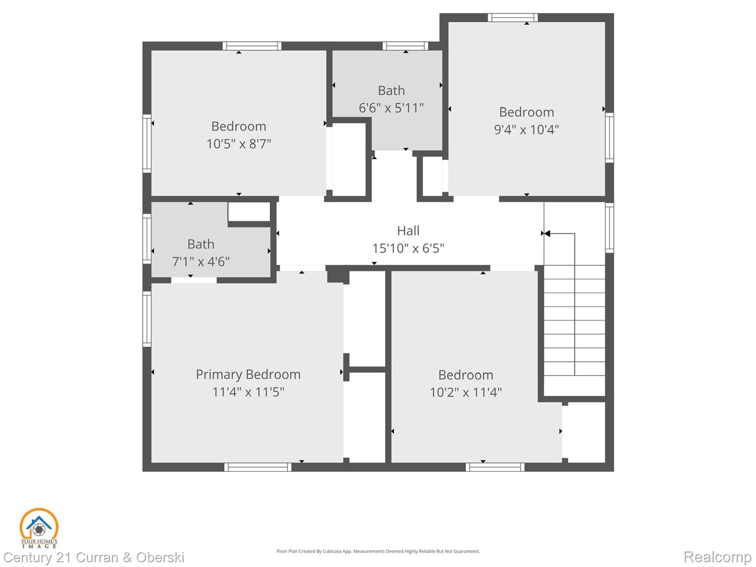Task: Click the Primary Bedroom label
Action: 248,374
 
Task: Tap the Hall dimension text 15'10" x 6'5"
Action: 408,248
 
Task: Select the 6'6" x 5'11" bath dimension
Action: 391,108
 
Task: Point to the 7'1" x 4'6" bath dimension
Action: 201,262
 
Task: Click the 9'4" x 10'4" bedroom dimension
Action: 526,130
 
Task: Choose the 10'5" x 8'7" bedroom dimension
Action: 239,144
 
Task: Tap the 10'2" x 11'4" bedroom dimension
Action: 465,392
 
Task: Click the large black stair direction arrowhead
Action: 547,233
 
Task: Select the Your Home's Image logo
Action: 39,528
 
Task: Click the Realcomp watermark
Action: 717,557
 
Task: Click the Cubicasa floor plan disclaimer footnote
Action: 378,551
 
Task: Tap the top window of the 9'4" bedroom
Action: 513,17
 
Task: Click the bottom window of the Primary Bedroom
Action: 258,467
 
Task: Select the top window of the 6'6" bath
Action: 405,46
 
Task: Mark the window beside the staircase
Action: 609,228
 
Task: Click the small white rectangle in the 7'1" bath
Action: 249,212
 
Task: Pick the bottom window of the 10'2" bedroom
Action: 495,467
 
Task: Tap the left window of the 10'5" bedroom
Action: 147,143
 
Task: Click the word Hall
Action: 408,231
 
